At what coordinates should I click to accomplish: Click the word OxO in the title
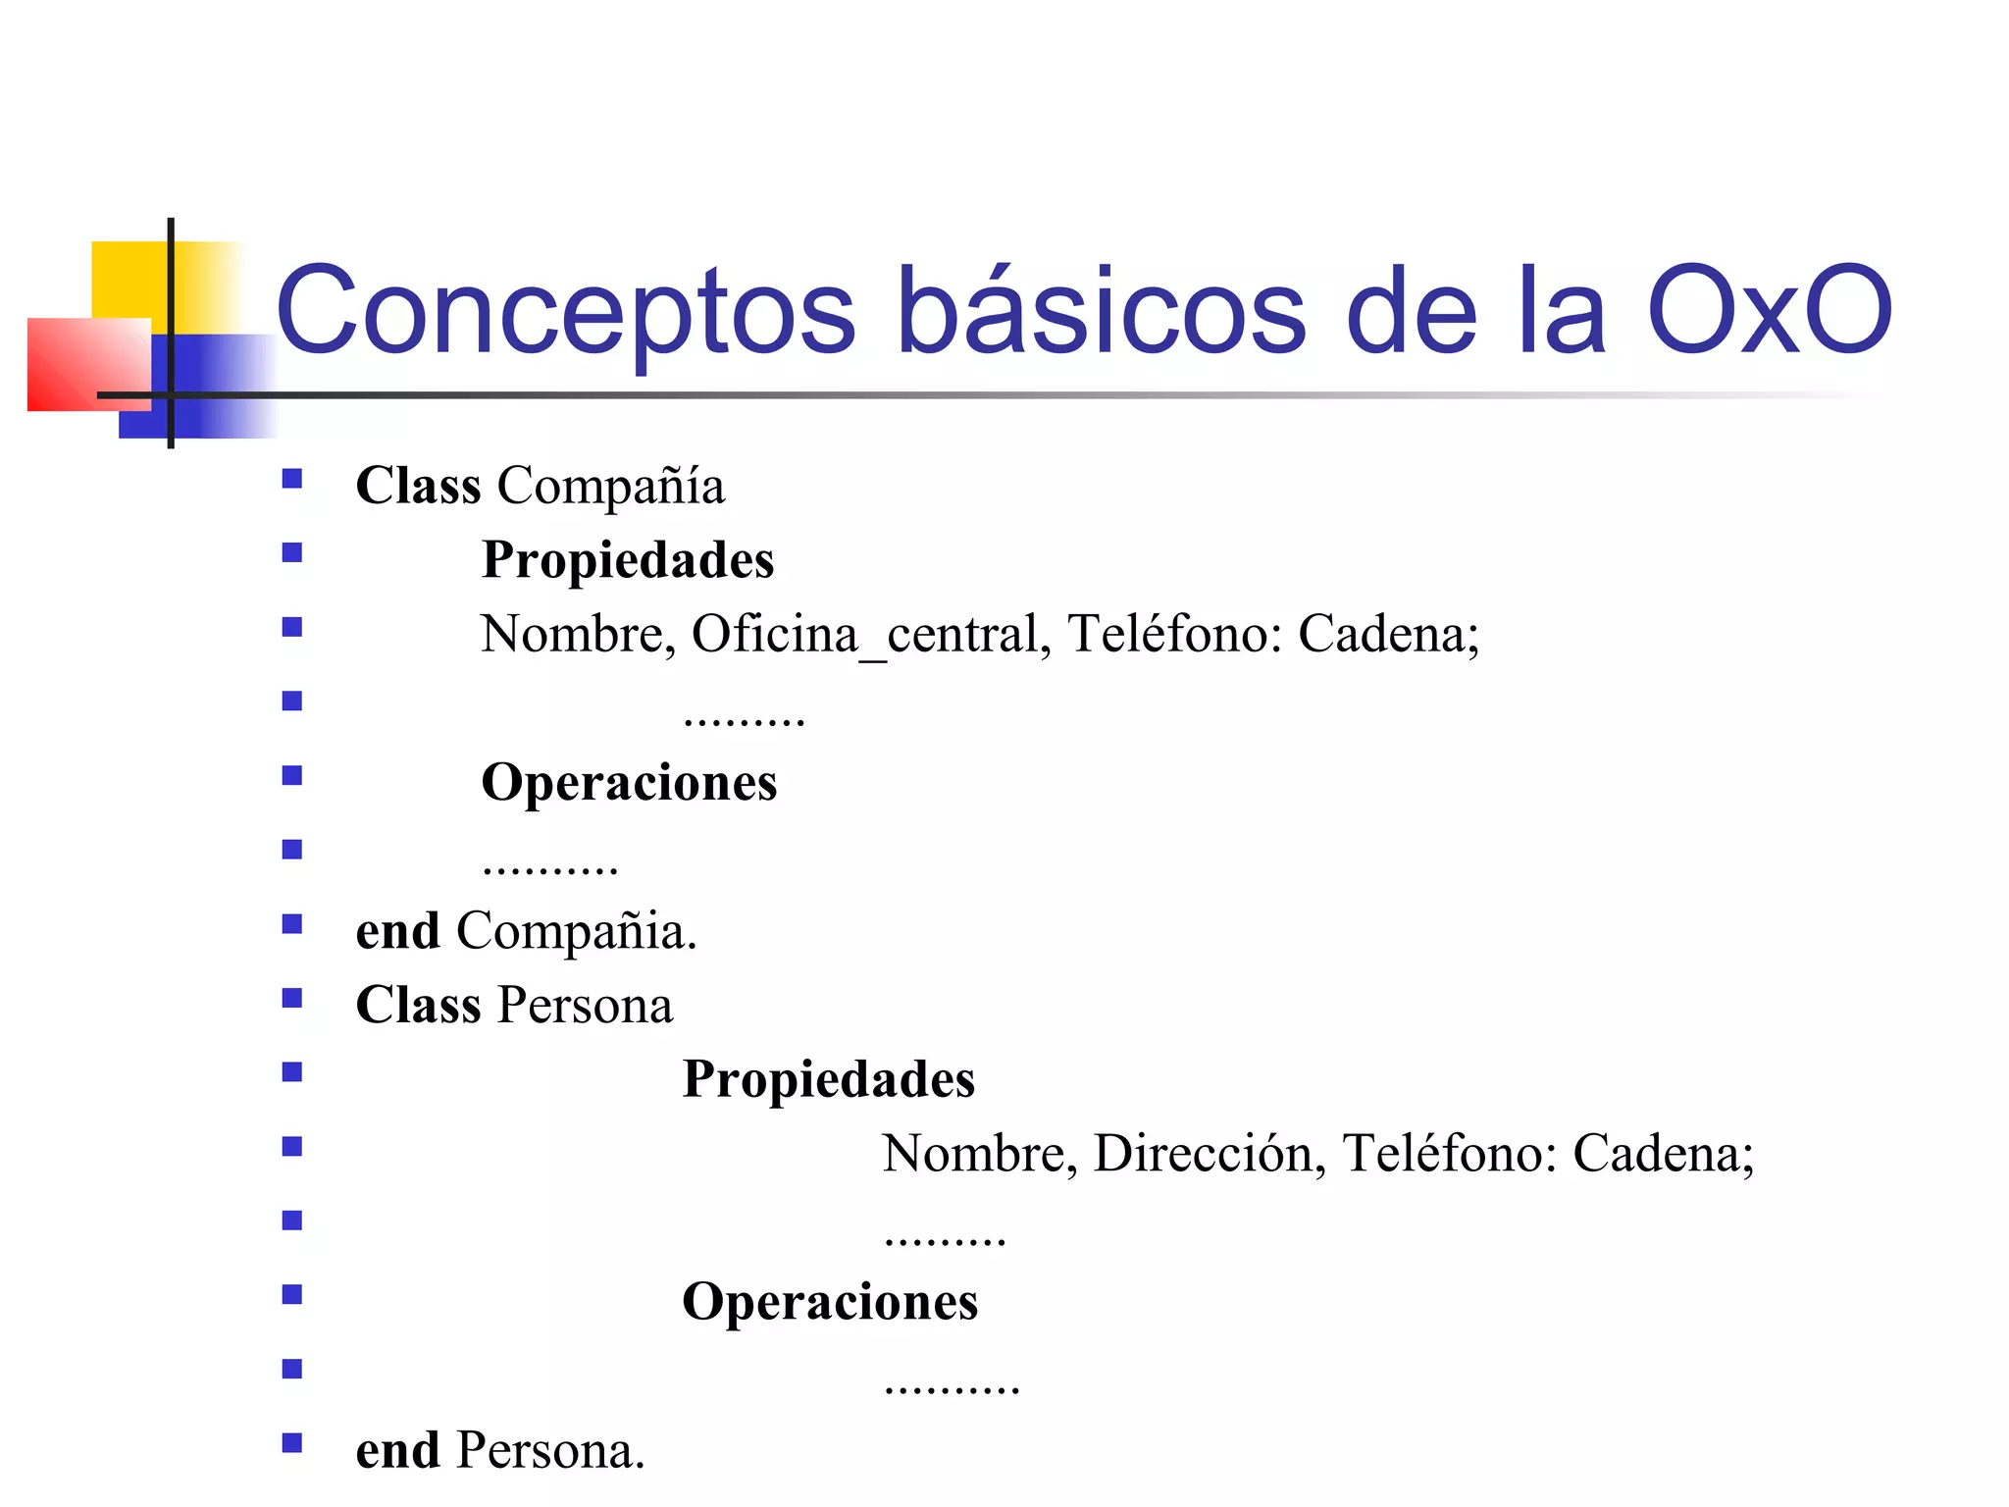[x=1769, y=311]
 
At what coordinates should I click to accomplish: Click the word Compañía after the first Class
[x=610, y=487]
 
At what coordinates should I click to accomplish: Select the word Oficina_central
[x=863, y=635]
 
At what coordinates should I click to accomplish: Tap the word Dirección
[x=1203, y=1154]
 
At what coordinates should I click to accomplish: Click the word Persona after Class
[x=586, y=1006]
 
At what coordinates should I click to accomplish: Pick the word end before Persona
[x=397, y=1451]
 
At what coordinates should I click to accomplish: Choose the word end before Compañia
[x=397, y=931]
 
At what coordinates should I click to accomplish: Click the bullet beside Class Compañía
[x=291, y=480]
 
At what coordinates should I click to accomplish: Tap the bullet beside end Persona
[x=291, y=1443]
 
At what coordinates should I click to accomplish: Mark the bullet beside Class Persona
[x=291, y=999]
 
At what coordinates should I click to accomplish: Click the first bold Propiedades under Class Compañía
[x=628, y=560]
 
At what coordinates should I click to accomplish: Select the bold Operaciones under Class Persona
[x=830, y=1303]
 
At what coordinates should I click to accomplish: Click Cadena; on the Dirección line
[x=1663, y=1154]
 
